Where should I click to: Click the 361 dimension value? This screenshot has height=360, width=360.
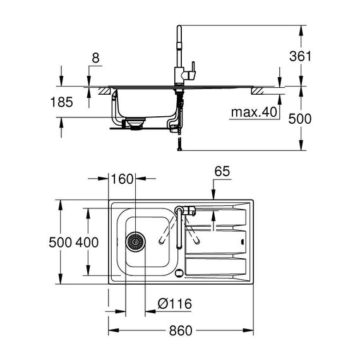pyautogui.click(x=300, y=56)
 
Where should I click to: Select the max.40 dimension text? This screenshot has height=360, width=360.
pyautogui.click(x=254, y=112)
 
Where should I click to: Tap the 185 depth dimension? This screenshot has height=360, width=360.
pyautogui.click(x=61, y=102)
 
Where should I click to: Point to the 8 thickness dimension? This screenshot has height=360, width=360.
pyautogui.click(x=95, y=58)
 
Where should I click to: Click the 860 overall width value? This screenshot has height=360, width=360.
pyautogui.click(x=181, y=330)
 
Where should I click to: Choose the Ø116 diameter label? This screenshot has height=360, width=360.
pyautogui.click(x=175, y=304)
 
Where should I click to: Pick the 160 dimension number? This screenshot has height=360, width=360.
pyautogui.click(x=122, y=179)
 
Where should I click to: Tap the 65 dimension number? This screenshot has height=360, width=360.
pyautogui.click(x=222, y=171)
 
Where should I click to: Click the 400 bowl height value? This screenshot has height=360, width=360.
pyautogui.click(x=87, y=243)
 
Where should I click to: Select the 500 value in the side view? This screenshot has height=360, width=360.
pyautogui.click(x=300, y=119)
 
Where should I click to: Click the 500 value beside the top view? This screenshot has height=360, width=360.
pyautogui.click(x=61, y=243)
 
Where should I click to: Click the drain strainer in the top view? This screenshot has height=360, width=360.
pyautogui.click(x=135, y=241)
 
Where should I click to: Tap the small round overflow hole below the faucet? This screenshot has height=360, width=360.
pyautogui.click(x=179, y=273)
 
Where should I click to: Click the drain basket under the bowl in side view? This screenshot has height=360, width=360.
pyautogui.click(x=135, y=124)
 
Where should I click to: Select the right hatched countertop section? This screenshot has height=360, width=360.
pyautogui.click(x=258, y=91)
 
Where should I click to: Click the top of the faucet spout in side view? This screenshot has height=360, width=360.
pyautogui.click(x=179, y=26)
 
